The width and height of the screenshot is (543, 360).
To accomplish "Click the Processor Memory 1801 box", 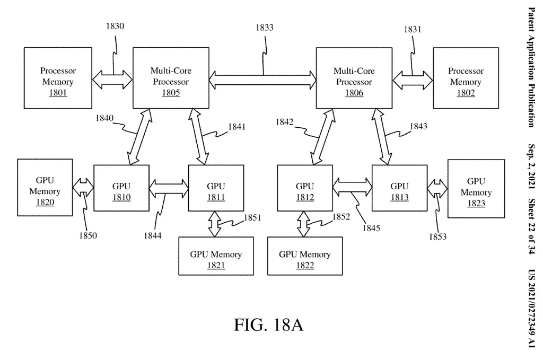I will (x=57, y=77).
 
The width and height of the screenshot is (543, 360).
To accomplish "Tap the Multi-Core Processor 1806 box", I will (x=354, y=77).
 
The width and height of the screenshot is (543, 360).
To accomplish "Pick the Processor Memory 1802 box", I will (x=466, y=77).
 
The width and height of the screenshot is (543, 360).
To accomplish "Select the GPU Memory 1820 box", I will (x=45, y=188).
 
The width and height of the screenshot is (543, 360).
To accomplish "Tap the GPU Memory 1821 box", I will (x=216, y=256).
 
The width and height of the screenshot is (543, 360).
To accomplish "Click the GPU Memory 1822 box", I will (x=305, y=256).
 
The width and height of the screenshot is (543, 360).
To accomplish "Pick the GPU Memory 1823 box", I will (x=476, y=189).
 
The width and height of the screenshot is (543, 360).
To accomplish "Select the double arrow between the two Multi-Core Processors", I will (x=263, y=80).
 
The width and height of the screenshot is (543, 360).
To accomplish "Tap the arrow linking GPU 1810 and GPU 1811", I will (x=169, y=186).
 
